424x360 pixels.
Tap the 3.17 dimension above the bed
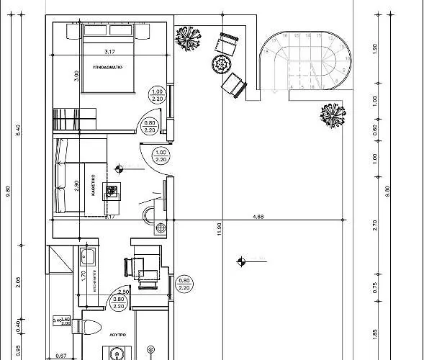coord(110,52)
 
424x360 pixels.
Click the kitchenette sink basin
coord(91,256)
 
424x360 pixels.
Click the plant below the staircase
coord(331,114)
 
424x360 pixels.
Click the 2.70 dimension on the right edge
coord(375,225)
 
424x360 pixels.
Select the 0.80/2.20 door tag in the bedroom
coord(150,127)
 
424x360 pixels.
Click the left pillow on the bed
coord(94,31)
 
